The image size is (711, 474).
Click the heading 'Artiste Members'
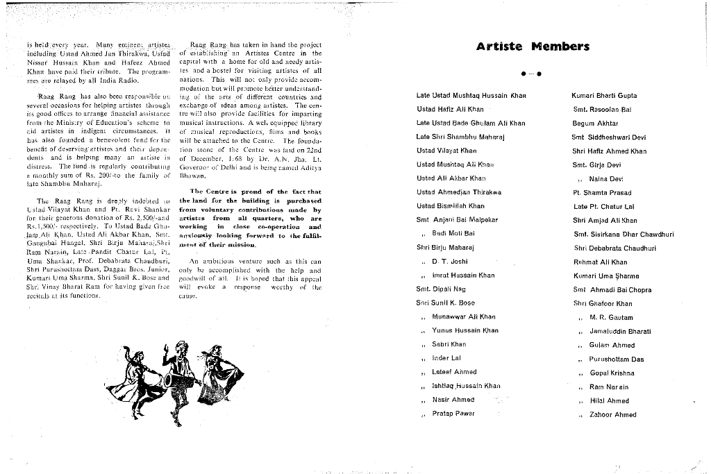(533, 47)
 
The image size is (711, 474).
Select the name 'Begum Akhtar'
(594, 124)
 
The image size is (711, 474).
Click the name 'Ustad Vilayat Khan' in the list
(446, 151)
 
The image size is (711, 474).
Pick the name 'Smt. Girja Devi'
(596, 165)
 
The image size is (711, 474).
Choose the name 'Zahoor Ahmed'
(612, 415)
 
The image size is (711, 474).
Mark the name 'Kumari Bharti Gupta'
(603, 96)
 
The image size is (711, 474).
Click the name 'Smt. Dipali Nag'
(440, 289)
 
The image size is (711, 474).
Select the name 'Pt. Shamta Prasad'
(601, 193)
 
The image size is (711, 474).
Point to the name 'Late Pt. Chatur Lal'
(603, 207)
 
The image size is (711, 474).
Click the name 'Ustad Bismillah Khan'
(450, 206)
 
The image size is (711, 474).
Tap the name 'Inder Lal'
(446, 358)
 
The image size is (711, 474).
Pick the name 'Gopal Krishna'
(612, 373)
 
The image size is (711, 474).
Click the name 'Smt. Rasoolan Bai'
(601, 110)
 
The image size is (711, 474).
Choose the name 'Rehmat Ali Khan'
(599, 262)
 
